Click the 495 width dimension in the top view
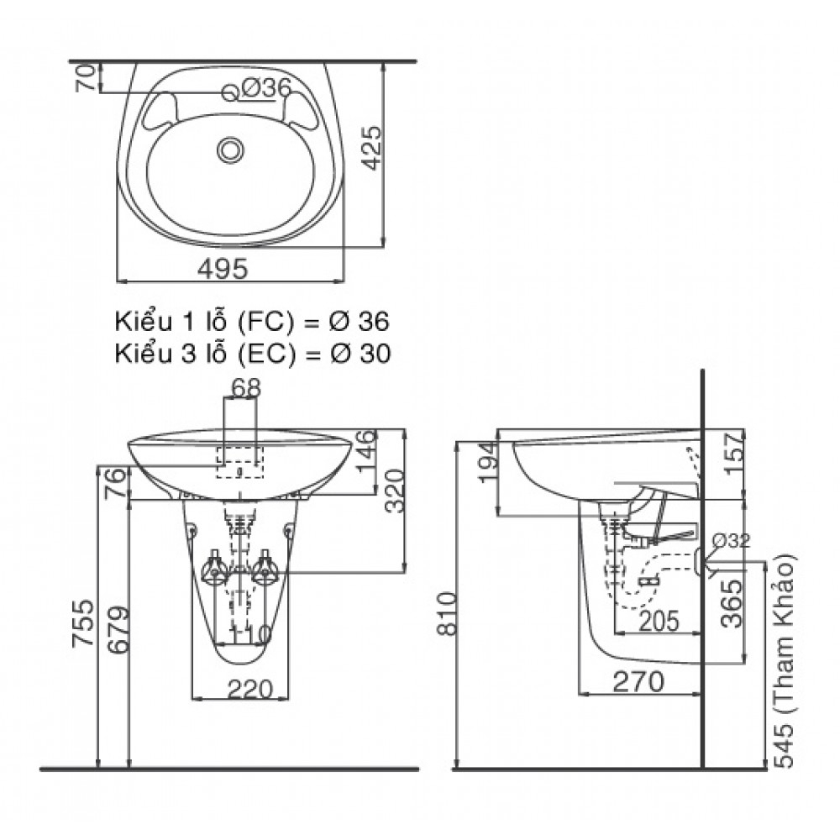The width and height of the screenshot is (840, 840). [223, 268]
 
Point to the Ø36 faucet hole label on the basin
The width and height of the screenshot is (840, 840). [265, 87]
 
